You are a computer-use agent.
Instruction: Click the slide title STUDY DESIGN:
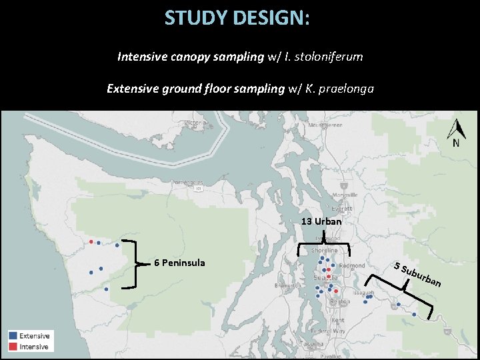[x=237, y=18]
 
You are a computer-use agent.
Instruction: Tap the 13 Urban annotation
[x=321, y=221]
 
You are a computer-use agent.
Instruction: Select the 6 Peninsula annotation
[x=179, y=263]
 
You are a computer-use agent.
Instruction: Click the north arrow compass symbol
[x=456, y=133]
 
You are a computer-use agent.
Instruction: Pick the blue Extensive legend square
[x=13, y=336]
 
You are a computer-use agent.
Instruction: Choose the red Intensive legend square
[x=13, y=347]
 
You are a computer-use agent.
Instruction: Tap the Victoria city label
[x=196, y=123]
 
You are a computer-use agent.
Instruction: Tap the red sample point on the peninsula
[x=91, y=241]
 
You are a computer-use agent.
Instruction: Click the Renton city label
[x=340, y=301]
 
